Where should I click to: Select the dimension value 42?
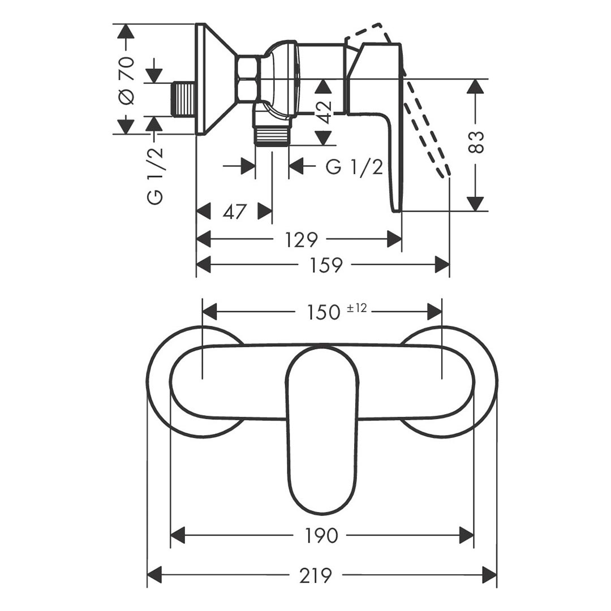tap(324, 112)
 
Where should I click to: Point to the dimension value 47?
tap(235, 212)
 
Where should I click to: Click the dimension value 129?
tap(301, 240)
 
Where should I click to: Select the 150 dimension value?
tap(324, 312)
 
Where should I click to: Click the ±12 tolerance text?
tap(356, 308)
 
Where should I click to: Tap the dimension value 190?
tap(321, 536)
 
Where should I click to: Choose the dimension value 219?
tap(316, 575)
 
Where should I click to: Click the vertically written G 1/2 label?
tap(155, 175)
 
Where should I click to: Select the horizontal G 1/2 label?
tap(354, 167)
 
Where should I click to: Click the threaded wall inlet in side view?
tap(183, 99)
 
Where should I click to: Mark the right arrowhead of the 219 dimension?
tap(490, 575)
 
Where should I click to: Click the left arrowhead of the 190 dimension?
tap(178, 535)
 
